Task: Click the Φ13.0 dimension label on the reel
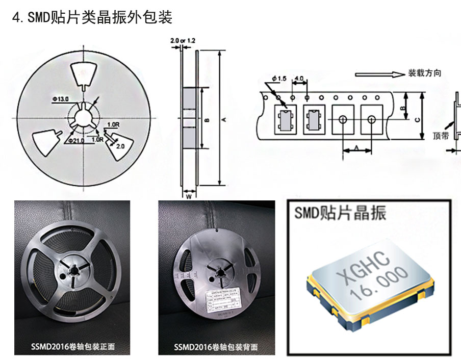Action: [x=60, y=98]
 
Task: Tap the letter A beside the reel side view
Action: [x=224, y=120]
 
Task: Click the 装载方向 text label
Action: [x=424, y=73]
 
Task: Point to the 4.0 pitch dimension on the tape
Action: [x=299, y=79]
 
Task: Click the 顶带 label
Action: [x=440, y=136]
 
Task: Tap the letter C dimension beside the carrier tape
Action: [x=417, y=120]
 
